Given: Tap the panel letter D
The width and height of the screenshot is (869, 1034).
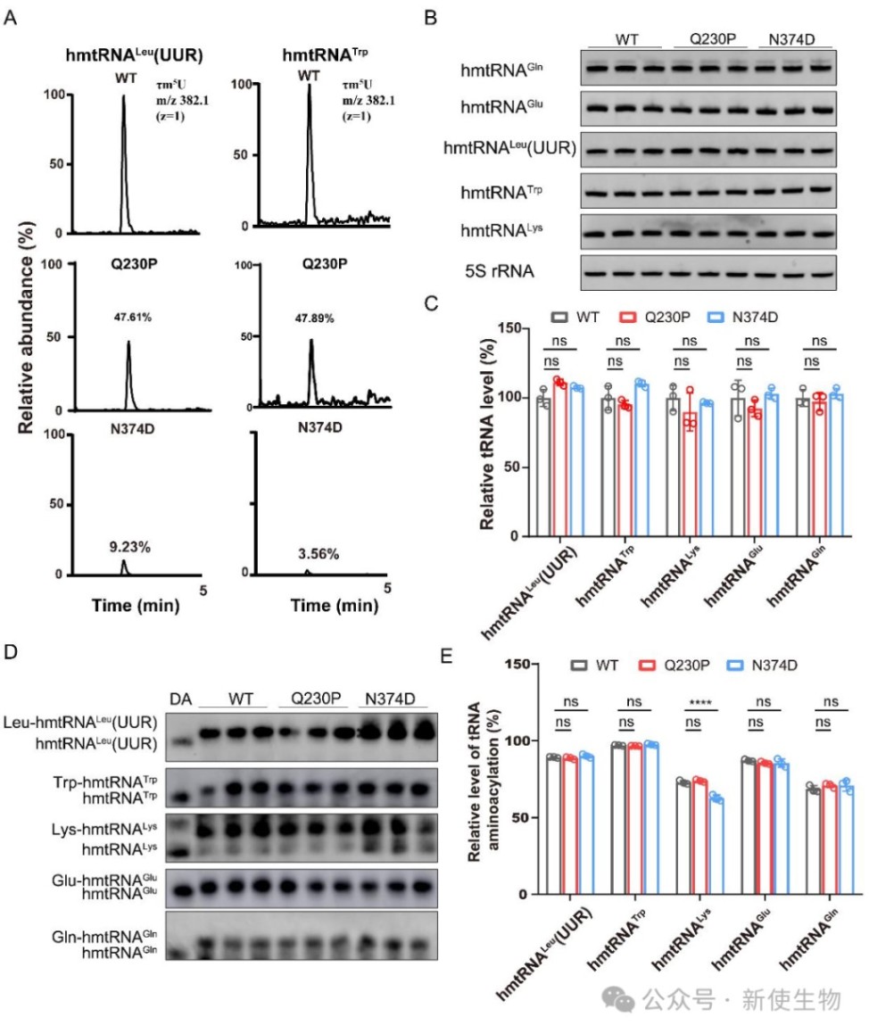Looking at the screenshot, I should click(x=12, y=652).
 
